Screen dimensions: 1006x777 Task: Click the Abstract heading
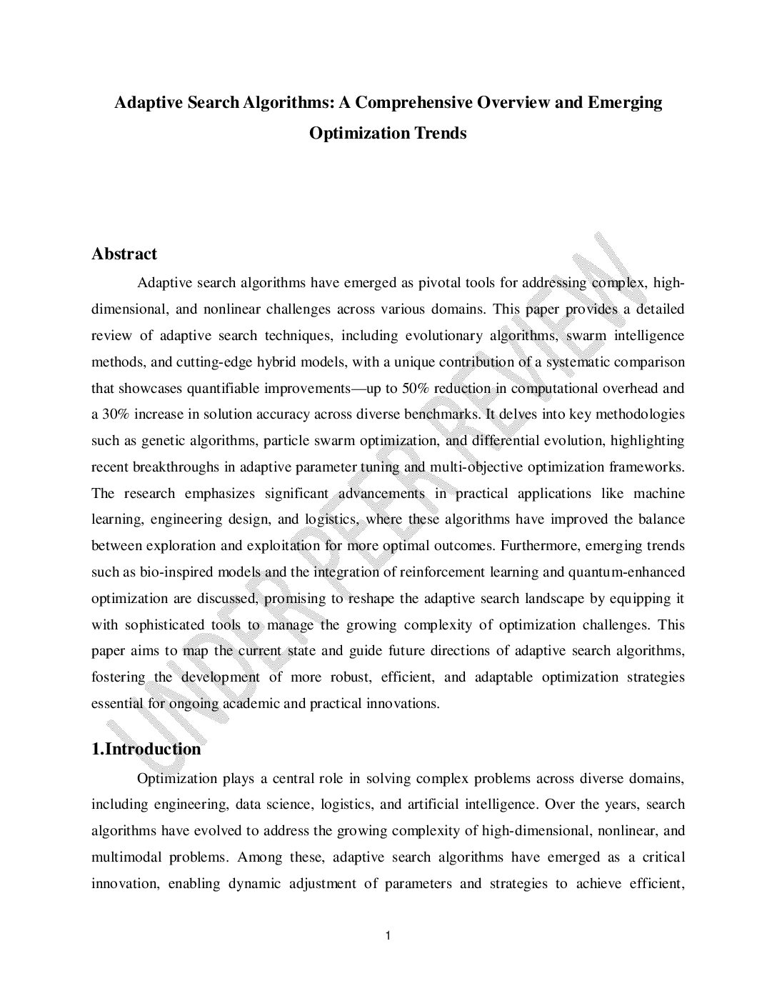point(124,254)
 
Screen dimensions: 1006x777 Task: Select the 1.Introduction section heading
point(146,749)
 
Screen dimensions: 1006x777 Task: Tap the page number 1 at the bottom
point(387,936)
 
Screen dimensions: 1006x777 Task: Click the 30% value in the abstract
point(117,415)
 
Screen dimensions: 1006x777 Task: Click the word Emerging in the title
point(624,102)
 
